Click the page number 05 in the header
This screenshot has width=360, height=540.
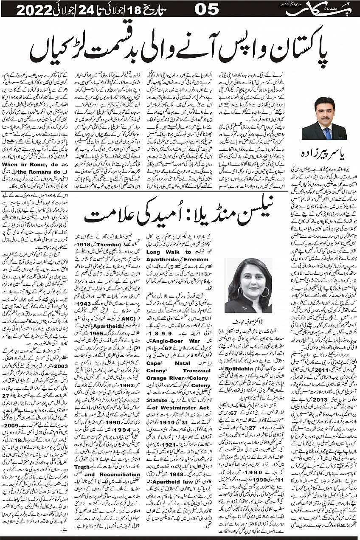click(207, 9)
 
